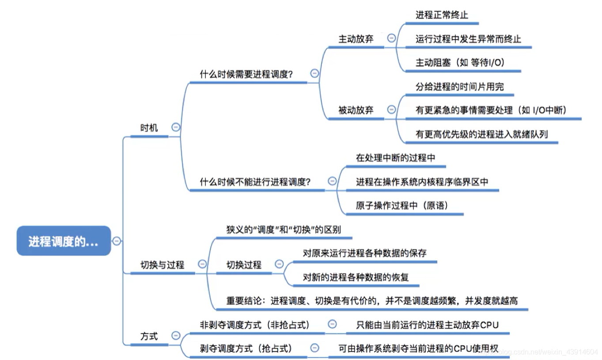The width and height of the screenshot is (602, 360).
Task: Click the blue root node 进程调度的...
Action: click(64, 241)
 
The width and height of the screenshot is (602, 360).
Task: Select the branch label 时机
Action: click(149, 128)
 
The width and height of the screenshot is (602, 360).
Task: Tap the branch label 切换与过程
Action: click(162, 265)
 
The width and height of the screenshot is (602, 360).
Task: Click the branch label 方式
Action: click(149, 336)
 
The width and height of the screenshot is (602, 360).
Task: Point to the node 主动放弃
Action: click(356, 38)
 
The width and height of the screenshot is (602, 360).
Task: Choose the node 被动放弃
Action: click(356, 110)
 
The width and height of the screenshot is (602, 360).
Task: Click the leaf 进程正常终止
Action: click(442, 15)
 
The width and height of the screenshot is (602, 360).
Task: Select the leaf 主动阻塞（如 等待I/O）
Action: click(460, 62)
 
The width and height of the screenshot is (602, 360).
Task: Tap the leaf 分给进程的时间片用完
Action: click(459, 86)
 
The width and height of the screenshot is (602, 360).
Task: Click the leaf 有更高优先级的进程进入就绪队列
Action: click(481, 134)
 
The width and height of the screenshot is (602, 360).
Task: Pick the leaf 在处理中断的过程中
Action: click(396, 158)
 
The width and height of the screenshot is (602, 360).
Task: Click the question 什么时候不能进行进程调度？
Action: click(255, 182)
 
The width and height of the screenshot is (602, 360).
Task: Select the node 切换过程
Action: click(244, 265)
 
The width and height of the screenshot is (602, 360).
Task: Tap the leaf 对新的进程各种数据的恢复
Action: click(356, 277)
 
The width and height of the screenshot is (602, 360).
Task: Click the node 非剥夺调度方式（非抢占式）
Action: click(255, 325)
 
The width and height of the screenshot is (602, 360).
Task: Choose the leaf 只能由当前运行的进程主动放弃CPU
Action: click(427, 325)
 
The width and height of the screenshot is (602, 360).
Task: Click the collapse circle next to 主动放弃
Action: click(391, 38)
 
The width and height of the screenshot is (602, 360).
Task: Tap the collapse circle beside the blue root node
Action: click(117, 241)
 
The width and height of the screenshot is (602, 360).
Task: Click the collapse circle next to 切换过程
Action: click(279, 264)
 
